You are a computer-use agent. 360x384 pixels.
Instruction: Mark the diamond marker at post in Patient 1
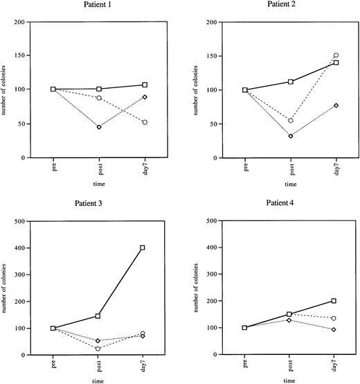(99, 127)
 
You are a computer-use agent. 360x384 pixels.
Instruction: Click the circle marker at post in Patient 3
(99, 348)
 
